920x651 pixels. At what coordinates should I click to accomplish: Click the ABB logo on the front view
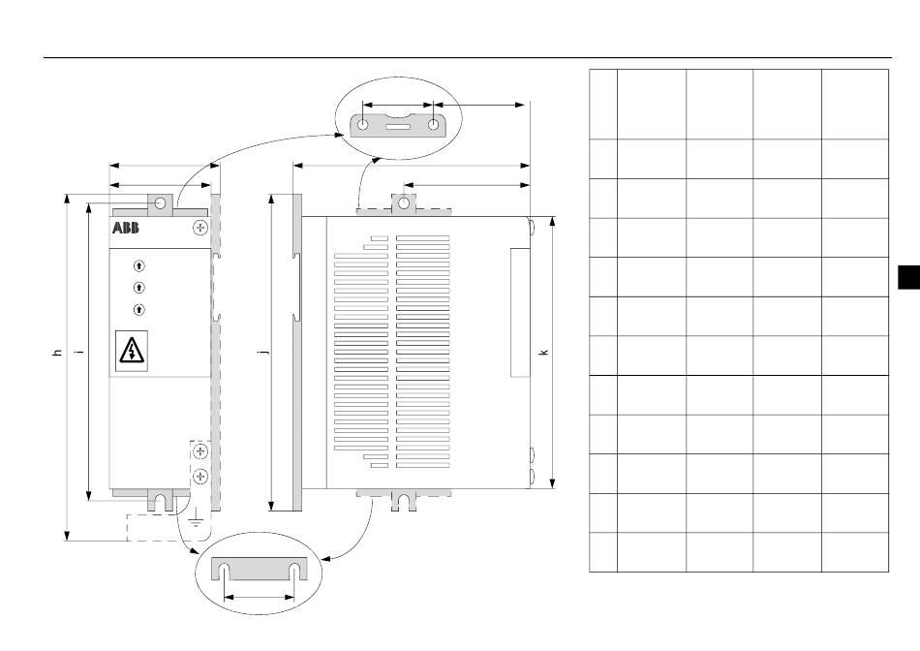pyautogui.click(x=126, y=228)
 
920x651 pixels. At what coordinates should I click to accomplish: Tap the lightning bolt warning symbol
pyautogui.click(x=132, y=351)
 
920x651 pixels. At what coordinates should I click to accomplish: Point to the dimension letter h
pyautogui.click(x=57, y=353)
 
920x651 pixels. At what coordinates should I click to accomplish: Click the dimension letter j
pyautogui.click(x=264, y=352)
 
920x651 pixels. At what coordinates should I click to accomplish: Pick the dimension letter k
pyautogui.click(x=543, y=353)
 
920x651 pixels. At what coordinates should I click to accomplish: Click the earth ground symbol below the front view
pyautogui.click(x=196, y=518)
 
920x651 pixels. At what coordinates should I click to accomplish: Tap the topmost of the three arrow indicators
pyautogui.click(x=139, y=265)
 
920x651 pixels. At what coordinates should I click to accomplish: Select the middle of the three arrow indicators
pyautogui.click(x=139, y=288)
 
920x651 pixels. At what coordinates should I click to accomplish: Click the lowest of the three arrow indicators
pyautogui.click(x=139, y=309)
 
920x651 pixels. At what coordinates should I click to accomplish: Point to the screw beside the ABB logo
pyautogui.click(x=200, y=228)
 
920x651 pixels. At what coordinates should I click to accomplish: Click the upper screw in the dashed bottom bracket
pyautogui.click(x=200, y=450)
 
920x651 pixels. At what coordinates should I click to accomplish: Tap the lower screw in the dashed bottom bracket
pyautogui.click(x=200, y=476)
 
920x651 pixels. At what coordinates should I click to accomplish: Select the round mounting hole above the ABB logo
pyautogui.click(x=160, y=203)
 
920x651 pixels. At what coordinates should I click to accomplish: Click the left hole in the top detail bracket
pyautogui.click(x=363, y=124)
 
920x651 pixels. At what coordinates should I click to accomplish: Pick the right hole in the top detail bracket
pyautogui.click(x=433, y=124)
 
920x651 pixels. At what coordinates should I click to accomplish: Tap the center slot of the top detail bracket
pyautogui.click(x=398, y=126)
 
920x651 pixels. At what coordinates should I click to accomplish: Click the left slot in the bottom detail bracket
pyautogui.click(x=225, y=572)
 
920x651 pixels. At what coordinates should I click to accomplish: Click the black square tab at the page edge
pyautogui.click(x=908, y=277)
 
